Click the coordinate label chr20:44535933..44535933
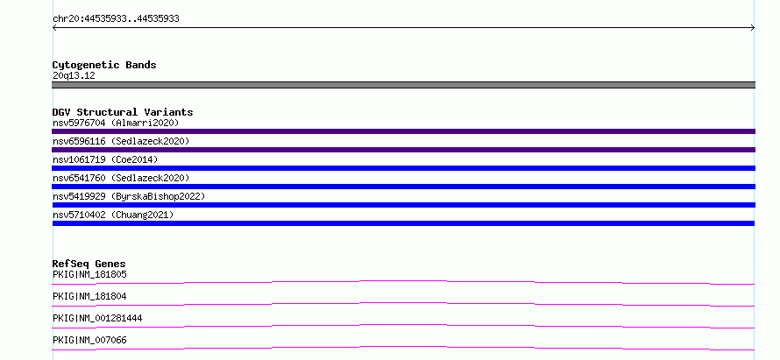click(x=116, y=19)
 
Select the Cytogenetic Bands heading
click(x=104, y=65)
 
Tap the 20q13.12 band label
click(x=74, y=76)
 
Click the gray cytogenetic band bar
click(x=403, y=85)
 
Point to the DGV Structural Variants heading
click(x=123, y=112)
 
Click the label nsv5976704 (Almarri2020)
click(x=116, y=123)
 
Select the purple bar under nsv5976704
click(x=403, y=131)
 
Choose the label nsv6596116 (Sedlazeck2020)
click(x=121, y=141)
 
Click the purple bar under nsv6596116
click(x=403, y=150)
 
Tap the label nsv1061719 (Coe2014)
click(x=105, y=159)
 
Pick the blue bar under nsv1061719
click(x=403, y=168)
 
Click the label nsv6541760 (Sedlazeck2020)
click(x=121, y=178)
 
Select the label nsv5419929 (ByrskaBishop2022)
click(x=129, y=196)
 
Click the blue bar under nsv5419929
click(x=403, y=205)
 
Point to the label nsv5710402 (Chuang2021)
click(x=113, y=215)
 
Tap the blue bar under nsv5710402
click(x=403, y=223)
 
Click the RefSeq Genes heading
click(x=89, y=264)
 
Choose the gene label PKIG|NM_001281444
click(x=97, y=318)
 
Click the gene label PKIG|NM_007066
click(x=89, y=340)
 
